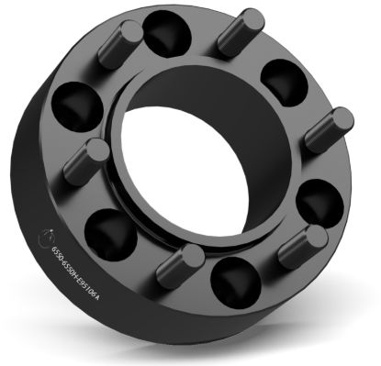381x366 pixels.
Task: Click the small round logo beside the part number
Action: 49,241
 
